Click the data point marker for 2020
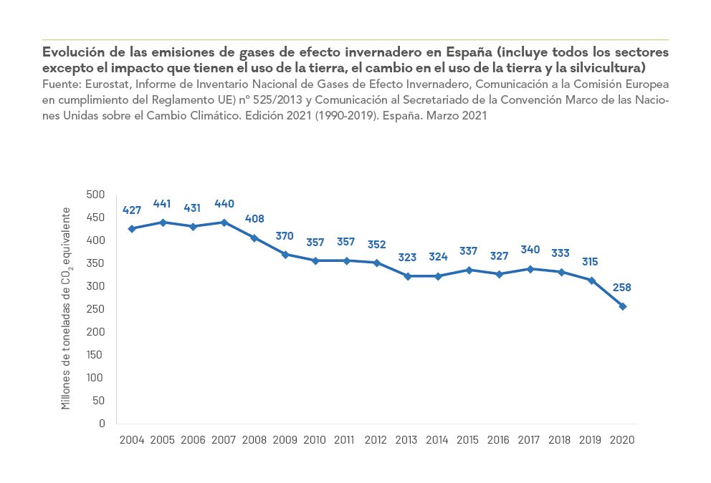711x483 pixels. [x=622, y=306]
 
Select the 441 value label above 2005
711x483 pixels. [x=162, y=204]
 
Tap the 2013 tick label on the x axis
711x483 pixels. [x=407, y=439]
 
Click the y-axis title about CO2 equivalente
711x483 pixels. [x=66, y=308]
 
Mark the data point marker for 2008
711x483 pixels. [x=254, y=238]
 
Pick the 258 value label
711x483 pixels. [x=622, y=288]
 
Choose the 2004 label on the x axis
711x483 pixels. [x=131, y=439]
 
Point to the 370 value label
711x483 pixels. [x=285, y=235]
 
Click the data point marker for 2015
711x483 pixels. [x=469, y=270]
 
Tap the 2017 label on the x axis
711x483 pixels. [x=530, y=439]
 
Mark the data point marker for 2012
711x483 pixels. [x=377, y=263]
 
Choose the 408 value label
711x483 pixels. [x=254, y=219]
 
